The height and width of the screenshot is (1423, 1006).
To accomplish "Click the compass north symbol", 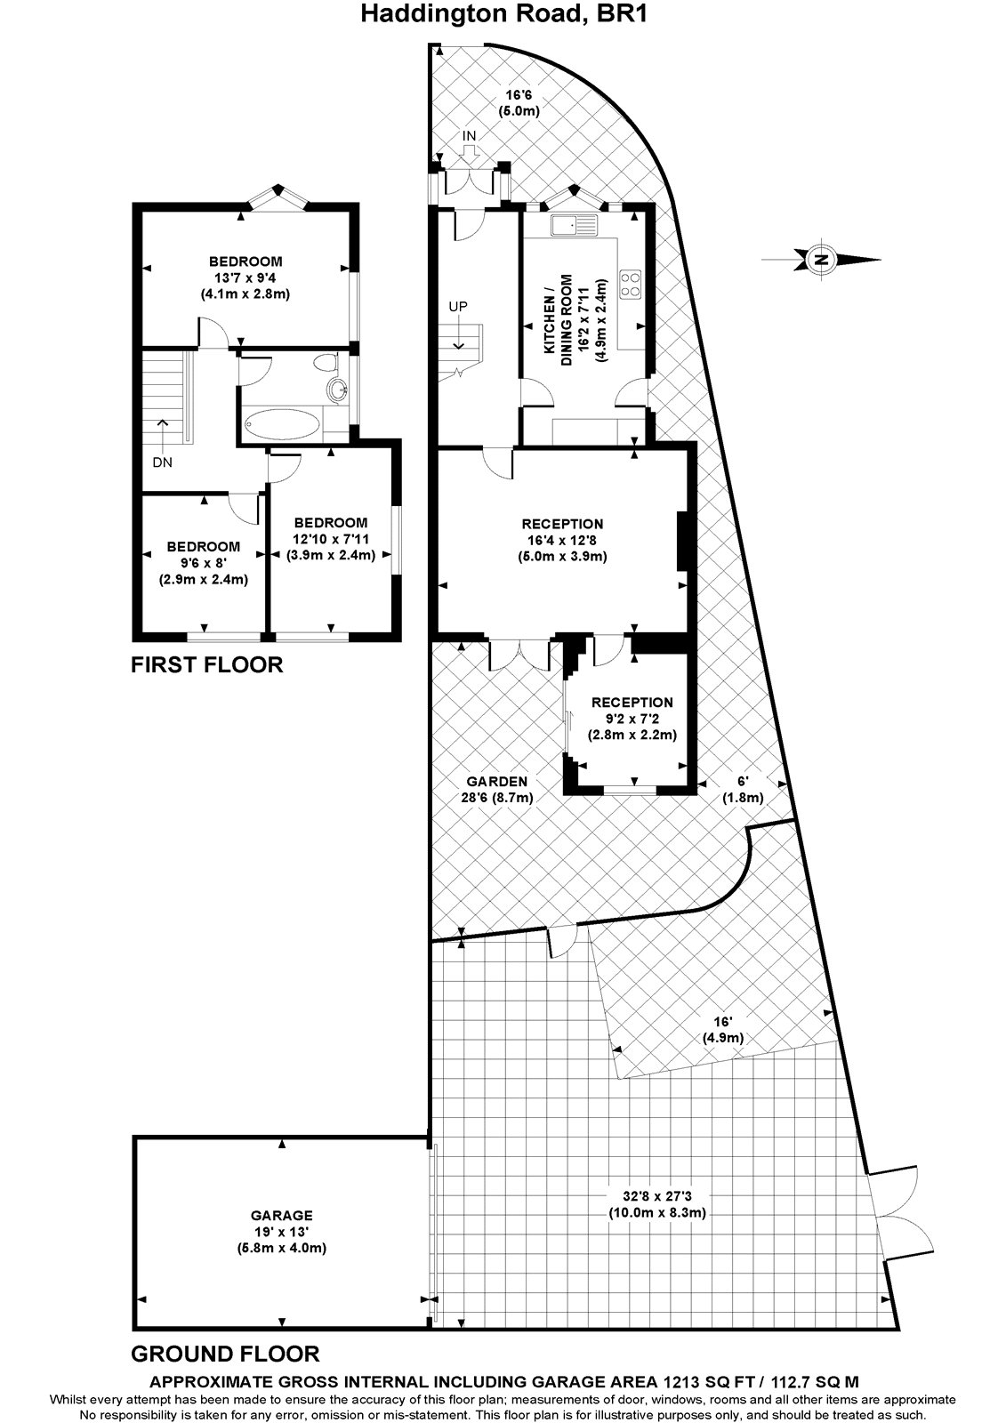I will coord(822,260).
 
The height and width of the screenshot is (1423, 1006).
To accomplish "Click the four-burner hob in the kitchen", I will coord(630,283).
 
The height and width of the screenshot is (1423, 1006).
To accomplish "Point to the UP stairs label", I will coord(458,306).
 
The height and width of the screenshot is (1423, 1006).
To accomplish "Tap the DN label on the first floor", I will coord(162,462).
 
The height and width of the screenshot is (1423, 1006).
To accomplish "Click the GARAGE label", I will coord(281,1215).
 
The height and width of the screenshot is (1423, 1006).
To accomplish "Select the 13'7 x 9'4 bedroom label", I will coord(245,277).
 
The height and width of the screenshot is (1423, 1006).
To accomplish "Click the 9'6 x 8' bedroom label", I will coord(204,562).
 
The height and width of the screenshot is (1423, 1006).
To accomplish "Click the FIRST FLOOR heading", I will coord(206,664).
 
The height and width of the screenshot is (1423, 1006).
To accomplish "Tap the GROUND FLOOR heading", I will coord(224,1354).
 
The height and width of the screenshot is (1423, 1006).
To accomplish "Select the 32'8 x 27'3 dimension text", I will coord(657,1204).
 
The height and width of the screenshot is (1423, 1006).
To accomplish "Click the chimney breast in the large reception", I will coord(682,541).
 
